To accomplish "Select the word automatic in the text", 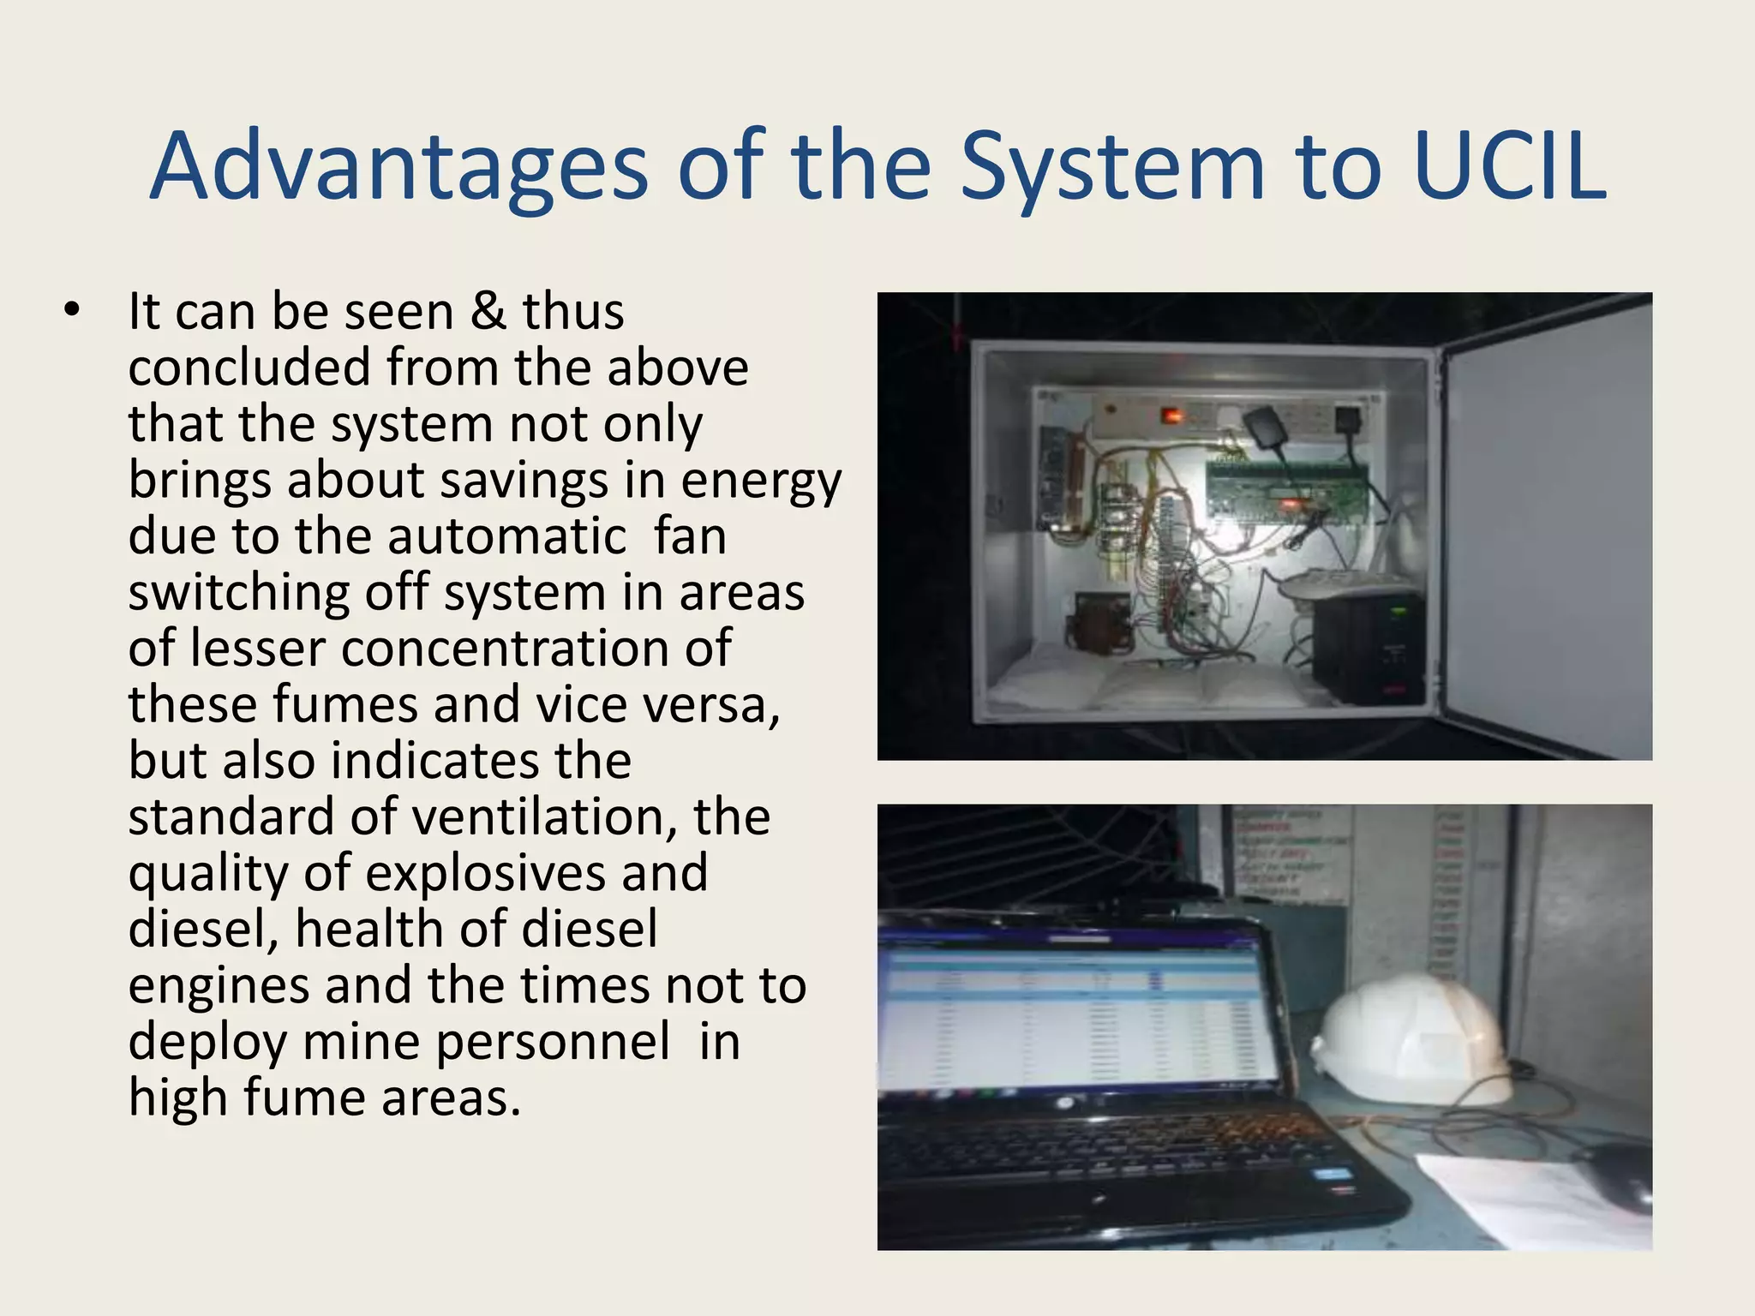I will click(506, 536).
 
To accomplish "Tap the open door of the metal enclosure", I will click(1547, 531).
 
